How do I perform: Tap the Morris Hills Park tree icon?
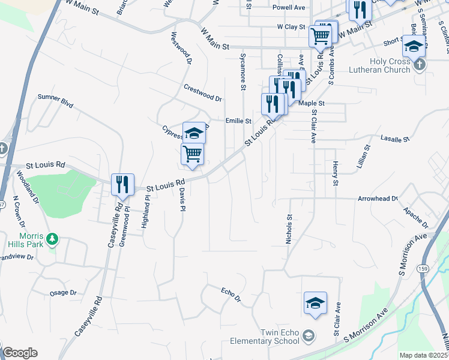(53, 239)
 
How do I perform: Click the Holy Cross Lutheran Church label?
(382, 65)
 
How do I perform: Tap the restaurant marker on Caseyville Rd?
(122, 185)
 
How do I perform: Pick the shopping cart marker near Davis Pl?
(192, 155)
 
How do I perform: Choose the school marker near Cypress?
(194, 133)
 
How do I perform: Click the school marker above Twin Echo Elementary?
(315, 304)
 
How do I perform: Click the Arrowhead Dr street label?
(378, 199)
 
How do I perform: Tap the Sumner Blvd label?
(55, 100)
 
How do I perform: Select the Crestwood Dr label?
(203, 92)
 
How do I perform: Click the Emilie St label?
(238, 121)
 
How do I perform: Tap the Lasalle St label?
(395, 139)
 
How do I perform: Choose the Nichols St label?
(289, 230)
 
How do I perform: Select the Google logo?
(19, 353)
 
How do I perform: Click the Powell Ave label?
(289, 7)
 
